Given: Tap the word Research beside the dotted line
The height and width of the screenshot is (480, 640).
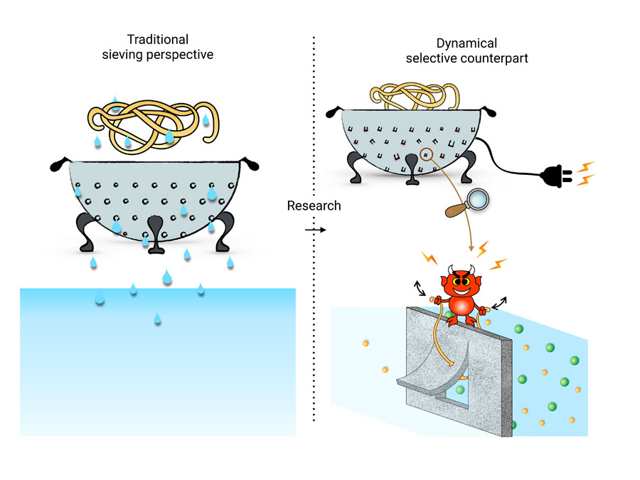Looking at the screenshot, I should pos(314,206).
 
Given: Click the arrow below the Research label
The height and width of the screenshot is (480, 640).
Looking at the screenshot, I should pos(314,230).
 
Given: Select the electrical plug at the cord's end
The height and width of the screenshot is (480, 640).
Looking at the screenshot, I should pos(558,174).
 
